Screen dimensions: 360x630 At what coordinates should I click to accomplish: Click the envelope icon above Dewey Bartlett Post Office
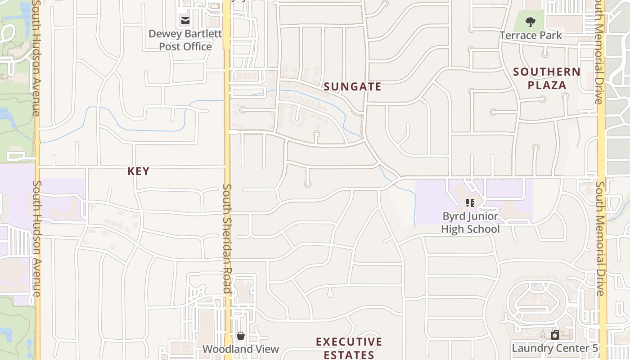click(185, 20)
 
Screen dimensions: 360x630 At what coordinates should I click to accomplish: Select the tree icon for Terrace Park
click(531, 21)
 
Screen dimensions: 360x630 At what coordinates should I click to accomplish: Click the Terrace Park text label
click(531, 35)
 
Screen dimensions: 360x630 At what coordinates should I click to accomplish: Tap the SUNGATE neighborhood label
click(352, 87)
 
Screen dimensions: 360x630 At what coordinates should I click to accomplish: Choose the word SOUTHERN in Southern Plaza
click(547, 72)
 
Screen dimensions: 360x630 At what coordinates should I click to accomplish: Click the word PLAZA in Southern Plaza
click(547, 85)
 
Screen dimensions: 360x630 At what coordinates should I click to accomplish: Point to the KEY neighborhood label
click(138, 171)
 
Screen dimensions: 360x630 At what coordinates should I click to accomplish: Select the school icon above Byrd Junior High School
click(470, 203)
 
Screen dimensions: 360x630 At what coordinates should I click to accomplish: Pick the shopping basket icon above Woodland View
click(241, 336)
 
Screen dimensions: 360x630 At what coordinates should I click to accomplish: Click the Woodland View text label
click(241, 349)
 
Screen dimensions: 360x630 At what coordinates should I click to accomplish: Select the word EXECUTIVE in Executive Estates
click(349, 342)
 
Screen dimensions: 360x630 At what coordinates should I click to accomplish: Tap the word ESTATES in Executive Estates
click(349, 355)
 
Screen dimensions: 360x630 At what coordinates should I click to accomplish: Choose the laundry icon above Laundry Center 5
click(555, 334)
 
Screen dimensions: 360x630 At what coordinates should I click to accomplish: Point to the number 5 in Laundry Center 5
click(595, 348)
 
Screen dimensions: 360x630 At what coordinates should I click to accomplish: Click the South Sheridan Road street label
click(227, 238)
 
